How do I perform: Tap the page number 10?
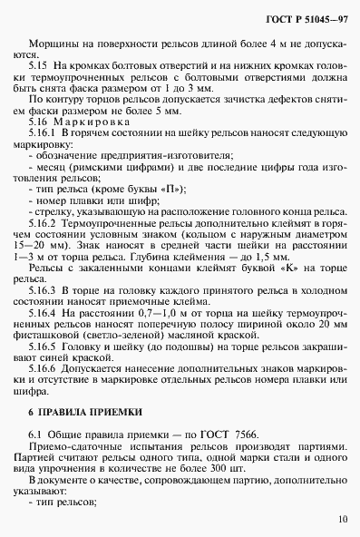click(x=341, y=520)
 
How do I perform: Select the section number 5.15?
click(x=40, y=66)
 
